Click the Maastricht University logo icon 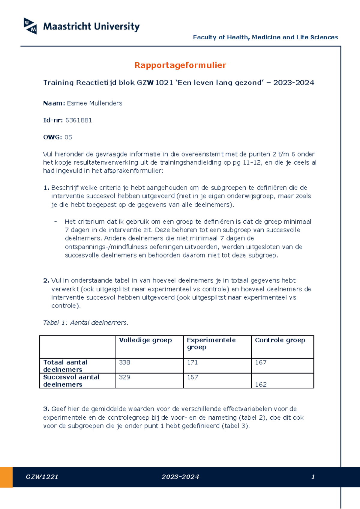coord(30,26)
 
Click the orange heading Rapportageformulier coord(180,65)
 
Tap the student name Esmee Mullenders coord(94,103)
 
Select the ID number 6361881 coord(78,120)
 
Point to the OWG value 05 coord(68,137)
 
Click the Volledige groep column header coord(145,340)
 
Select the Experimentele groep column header coord(211,344)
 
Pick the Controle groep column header coord(280,340)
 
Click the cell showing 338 coord(124,362)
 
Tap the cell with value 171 coord(192,362)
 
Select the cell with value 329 coord(124,377)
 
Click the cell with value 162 coord(261,384)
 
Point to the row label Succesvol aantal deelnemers coord(71,381)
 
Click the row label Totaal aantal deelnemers coord(65,366)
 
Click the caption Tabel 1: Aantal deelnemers coord(85,323)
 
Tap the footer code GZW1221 coord(42,477)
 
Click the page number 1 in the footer coord(313,477)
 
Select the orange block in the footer coord(6,477)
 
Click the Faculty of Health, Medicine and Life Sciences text coord(265,37)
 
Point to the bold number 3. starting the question coord(46,409)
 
